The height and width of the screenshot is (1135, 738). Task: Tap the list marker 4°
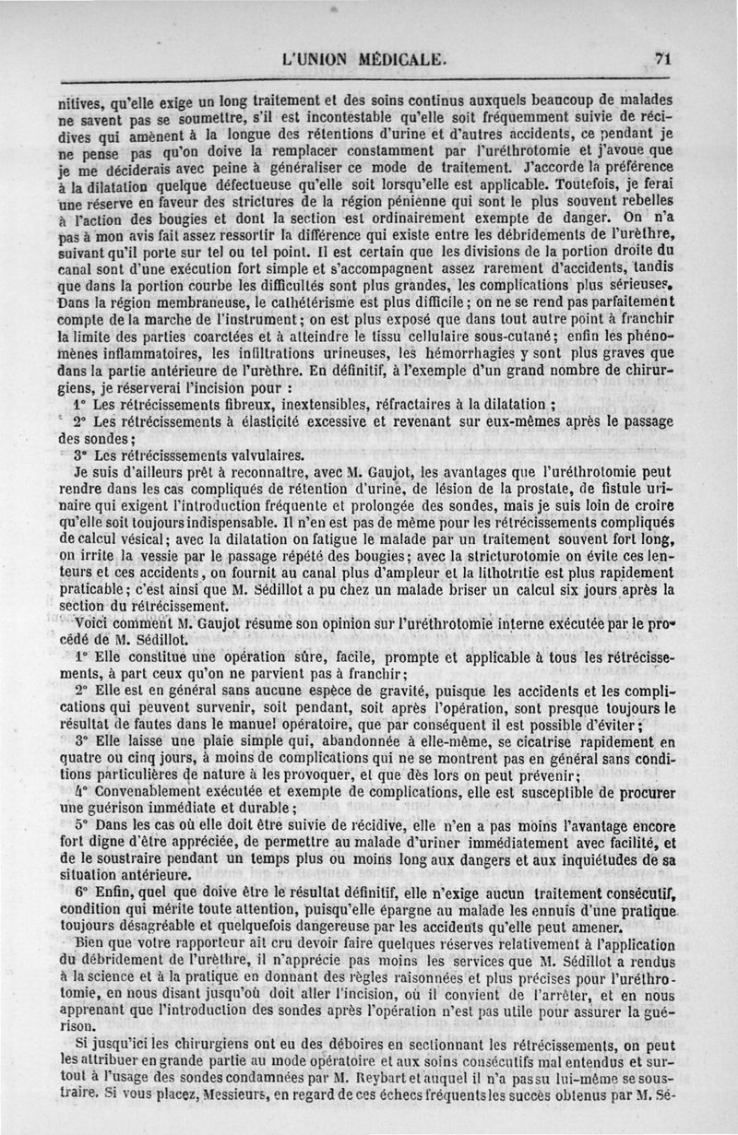pyautogui.click(x=80, y=790)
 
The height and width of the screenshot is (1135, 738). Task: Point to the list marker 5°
pyautogui.click(x=80, y=824)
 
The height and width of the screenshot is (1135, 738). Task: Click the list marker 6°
pyautogui.click(x=80, y=893)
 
